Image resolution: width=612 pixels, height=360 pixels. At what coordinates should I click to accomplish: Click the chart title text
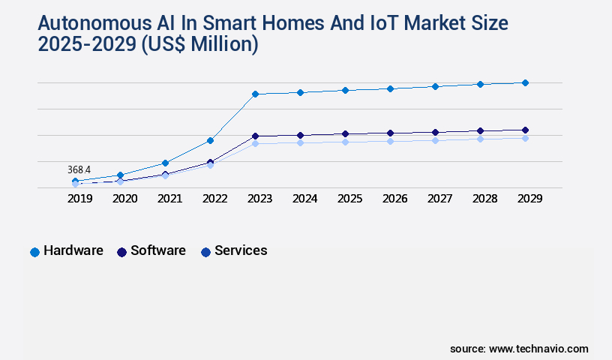click(273, 34)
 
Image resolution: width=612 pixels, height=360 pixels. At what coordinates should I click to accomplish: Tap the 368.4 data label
click(78, 170)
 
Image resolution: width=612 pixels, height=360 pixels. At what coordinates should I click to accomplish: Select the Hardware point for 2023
click(255, 94)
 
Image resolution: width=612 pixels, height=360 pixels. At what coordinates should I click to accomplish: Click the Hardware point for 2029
click(525, 82)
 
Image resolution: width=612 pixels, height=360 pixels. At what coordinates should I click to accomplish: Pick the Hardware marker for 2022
click(210, 140)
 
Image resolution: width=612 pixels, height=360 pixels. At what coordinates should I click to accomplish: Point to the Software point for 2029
click(525, 130)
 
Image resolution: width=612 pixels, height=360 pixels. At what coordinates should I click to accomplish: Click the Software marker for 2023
click(255, 136)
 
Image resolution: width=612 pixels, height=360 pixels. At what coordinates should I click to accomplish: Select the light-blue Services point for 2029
click(525, 138)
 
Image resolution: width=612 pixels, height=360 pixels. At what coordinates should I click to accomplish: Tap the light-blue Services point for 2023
click(255, 143)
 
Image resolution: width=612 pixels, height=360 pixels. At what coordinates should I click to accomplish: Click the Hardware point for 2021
click(165, 163)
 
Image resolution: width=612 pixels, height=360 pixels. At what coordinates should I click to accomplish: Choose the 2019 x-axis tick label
click(79, 199)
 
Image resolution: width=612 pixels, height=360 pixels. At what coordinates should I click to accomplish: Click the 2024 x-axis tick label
click(304, 199)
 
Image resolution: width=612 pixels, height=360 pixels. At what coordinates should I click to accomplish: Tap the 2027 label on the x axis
click(439, 199)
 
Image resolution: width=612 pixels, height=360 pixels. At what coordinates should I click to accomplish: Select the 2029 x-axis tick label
click(529, 199)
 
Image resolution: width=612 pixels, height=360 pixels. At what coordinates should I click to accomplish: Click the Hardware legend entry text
click(73, 250)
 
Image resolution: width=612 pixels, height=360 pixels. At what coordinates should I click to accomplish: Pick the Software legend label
click(158, 250)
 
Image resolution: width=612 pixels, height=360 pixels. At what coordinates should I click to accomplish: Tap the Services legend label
click(241, 250)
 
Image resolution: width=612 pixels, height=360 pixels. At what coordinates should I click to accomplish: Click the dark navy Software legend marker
click(121, 252)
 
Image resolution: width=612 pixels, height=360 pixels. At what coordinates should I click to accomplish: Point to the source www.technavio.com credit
click(519, 349)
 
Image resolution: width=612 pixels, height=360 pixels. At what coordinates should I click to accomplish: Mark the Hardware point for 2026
click(390, 88)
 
